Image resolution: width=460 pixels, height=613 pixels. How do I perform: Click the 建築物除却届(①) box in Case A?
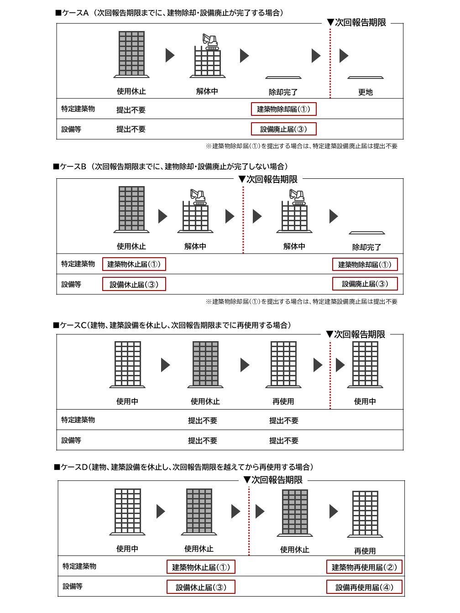283,109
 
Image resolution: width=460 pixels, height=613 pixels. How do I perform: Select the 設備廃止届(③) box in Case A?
283,129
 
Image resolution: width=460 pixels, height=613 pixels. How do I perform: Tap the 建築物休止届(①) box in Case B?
134,264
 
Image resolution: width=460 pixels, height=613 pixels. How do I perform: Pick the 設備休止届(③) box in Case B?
134,284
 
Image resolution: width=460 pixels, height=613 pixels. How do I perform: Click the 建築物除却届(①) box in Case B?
365,265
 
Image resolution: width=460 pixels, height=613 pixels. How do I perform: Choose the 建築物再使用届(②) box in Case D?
364,567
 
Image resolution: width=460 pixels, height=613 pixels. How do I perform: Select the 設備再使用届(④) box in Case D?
364,587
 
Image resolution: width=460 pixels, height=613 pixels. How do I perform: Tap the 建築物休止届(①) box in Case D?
201,567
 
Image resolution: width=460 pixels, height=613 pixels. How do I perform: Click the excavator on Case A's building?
210,41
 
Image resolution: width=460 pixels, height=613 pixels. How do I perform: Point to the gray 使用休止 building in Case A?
131,54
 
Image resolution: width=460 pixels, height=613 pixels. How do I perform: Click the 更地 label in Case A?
365,92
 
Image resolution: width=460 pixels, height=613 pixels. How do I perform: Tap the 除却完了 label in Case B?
366,247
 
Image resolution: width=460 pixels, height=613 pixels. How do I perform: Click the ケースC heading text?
172,325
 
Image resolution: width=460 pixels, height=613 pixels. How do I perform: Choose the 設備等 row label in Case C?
71,440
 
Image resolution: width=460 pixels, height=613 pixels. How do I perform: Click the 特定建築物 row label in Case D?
79,566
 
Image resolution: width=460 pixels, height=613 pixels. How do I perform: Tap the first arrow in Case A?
170,55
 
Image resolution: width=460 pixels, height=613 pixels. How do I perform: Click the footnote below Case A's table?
301,146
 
